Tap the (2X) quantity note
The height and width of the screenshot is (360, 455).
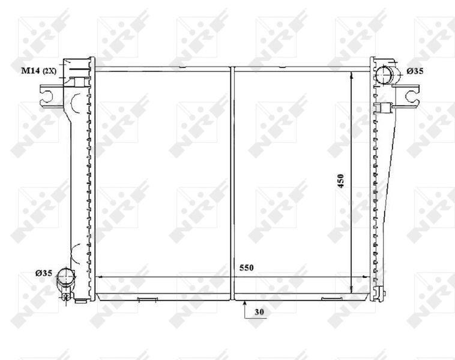(x=49, y=71)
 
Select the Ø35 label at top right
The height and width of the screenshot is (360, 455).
(x=415, y=71)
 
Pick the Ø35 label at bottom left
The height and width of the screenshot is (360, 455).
(x=44, y=273)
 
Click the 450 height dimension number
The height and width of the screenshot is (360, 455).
(x=341, y=181)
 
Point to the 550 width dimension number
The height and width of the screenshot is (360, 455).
(x=246, y=268)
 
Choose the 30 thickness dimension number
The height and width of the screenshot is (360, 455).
(x=259, y=312)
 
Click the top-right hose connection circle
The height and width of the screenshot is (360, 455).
(x=384, y=75)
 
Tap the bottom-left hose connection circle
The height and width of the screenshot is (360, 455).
(x=66, y=277)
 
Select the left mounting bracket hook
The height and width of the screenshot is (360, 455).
(x=46, y=97)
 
